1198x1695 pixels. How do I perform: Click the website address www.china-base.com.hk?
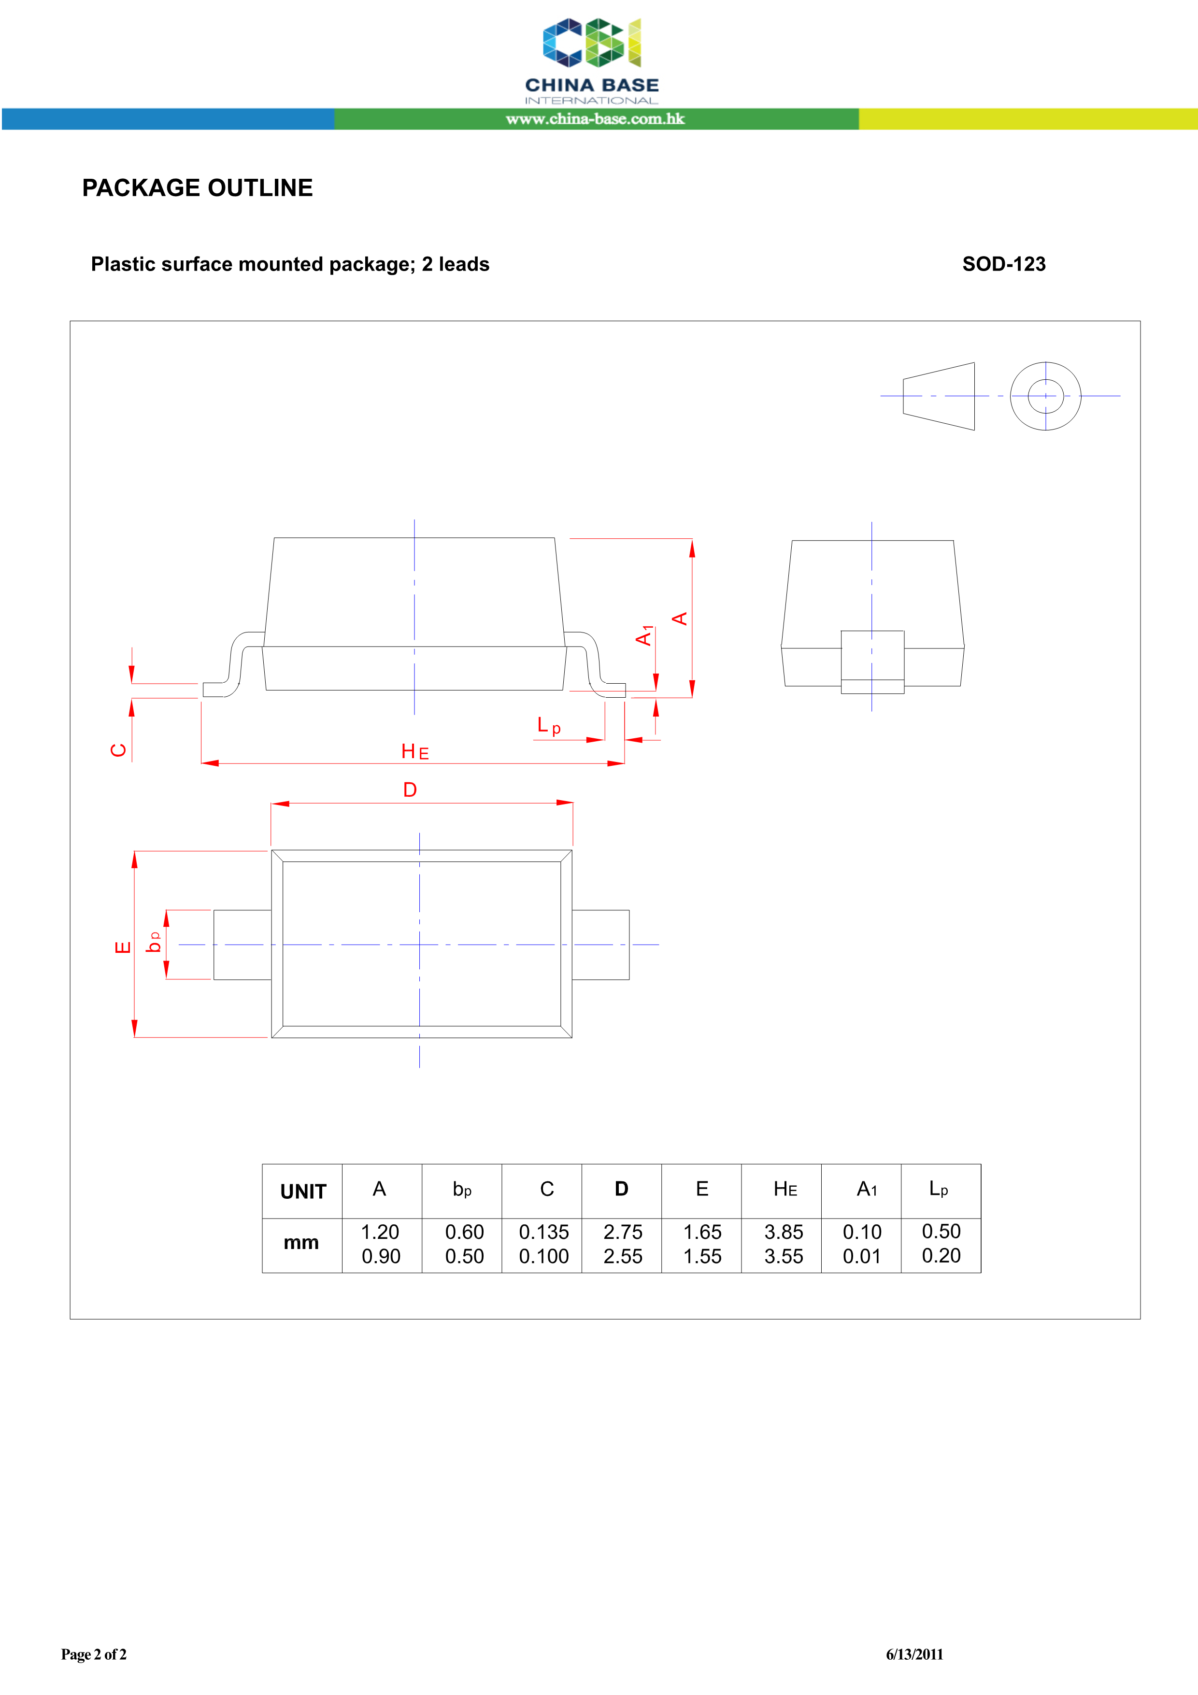pyautogui.click(x=595, y=119)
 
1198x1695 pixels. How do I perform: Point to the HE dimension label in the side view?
pyautogui.click(x=415, y=751)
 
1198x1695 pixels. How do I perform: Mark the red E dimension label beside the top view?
pyautogui.click(x=123, y=947)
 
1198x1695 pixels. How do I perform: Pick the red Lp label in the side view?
pyautogui.click(x=548, y=726)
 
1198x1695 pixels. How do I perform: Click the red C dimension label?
pyautogui.click(x=118, y=750)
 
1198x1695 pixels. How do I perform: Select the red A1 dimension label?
pyautogui.click(x=644, y=635)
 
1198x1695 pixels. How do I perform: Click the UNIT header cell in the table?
pyautogui.click(x=302, y=1192)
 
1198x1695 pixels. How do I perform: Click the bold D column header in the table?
pyautogui.click(x=622, y=1189)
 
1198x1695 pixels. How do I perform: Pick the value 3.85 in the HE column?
pyautogui.click(x=783, y=1232)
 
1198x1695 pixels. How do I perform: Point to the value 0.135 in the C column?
pyautogui.click(x=543, y=1232)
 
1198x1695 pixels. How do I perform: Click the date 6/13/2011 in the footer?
pyautogui.click(x=914, y=1654)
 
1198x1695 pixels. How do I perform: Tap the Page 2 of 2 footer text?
pyautogui.click(x=94, y=1654)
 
